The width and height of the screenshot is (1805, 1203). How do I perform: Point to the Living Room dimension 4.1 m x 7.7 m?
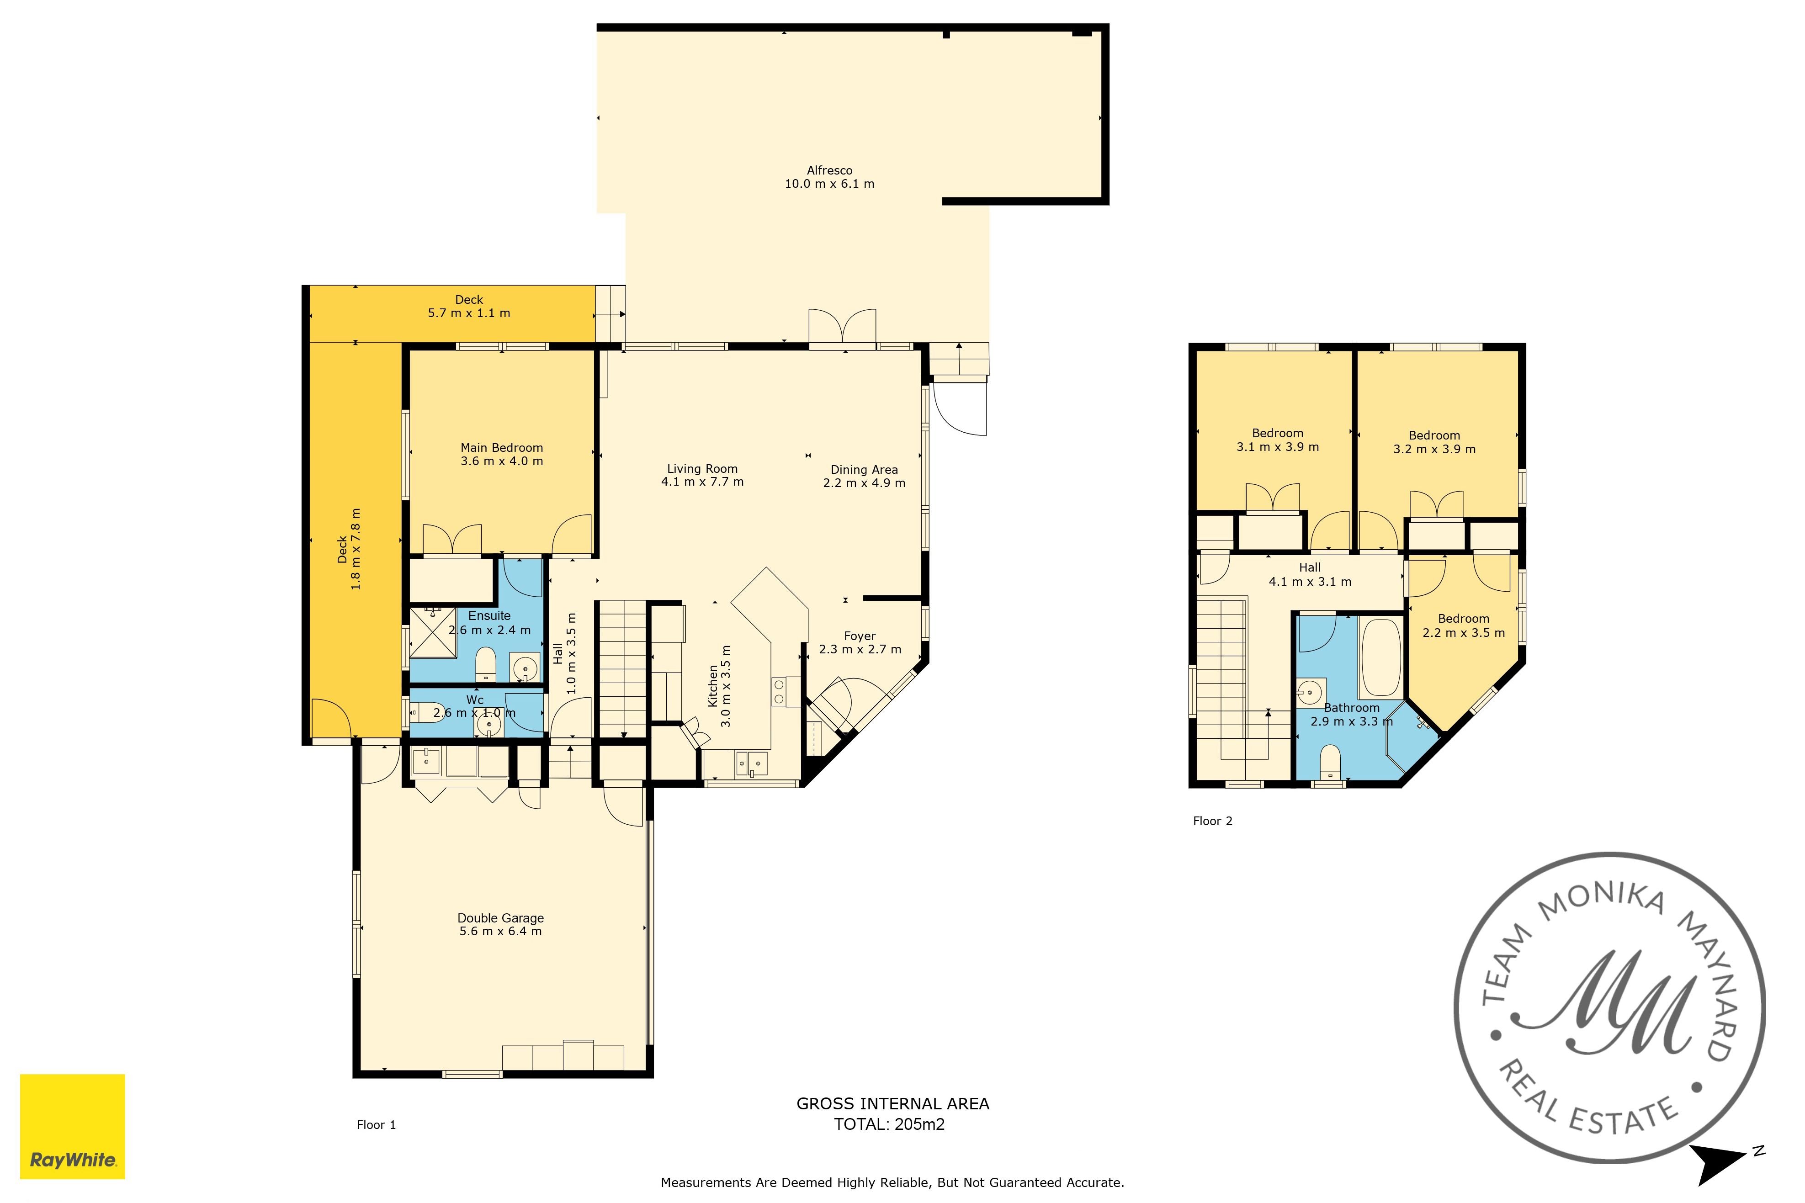tap(702, 482)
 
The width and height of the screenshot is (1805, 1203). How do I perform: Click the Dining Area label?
tap(864, 470)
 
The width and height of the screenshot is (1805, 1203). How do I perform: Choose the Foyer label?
tap(859, 636)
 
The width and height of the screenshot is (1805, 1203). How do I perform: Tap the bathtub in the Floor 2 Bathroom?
tap(1380, 657)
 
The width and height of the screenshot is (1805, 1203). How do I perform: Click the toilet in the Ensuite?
tap(486, 664)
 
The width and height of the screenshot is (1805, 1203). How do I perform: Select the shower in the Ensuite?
tap(433, 632)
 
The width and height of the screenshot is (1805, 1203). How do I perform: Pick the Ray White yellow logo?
tap(72, 1126)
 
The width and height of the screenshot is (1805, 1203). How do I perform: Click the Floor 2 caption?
tap(1212, 821)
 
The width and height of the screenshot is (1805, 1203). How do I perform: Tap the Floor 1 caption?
tap(376, 1125)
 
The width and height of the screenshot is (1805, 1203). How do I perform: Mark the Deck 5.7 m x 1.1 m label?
tap(469, 306)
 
